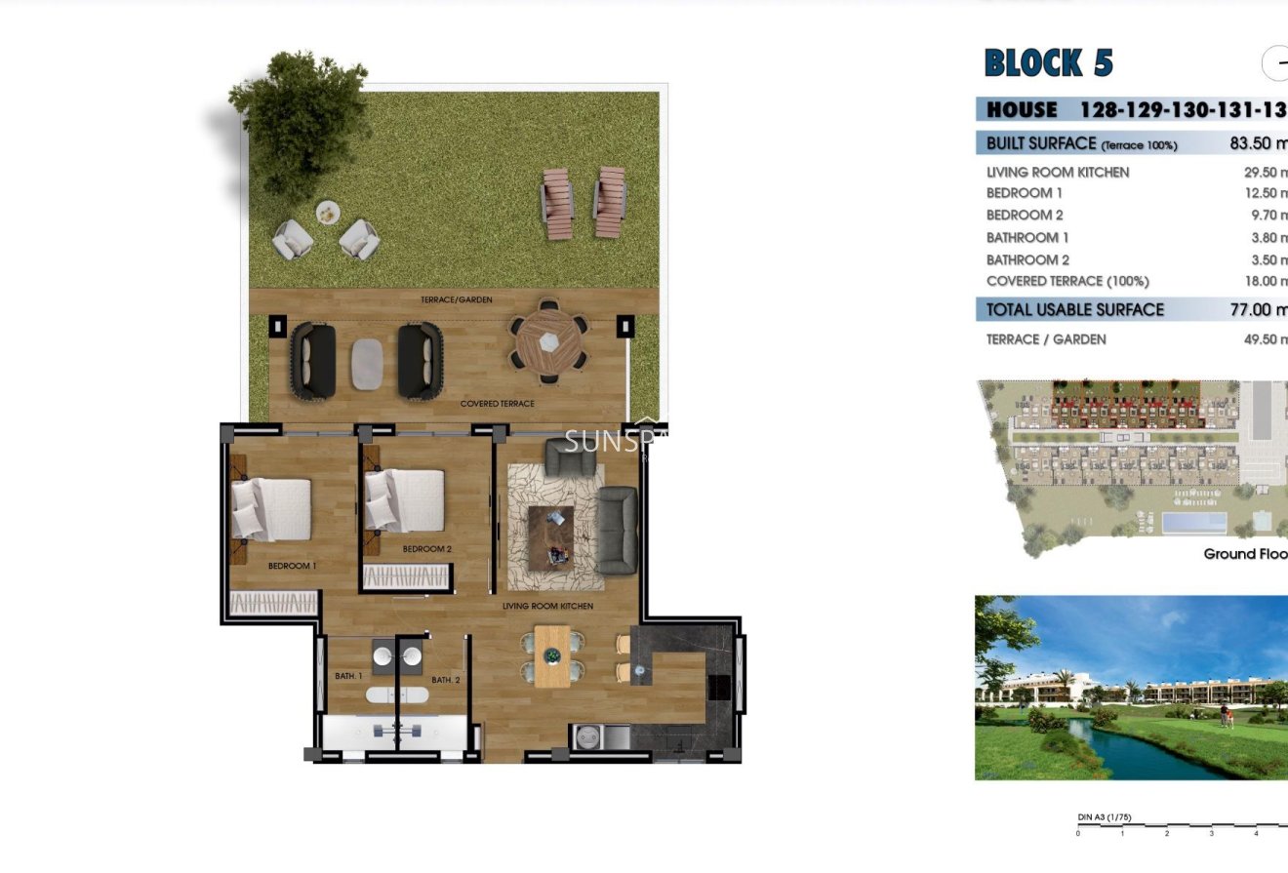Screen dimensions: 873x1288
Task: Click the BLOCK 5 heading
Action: pos(1048,63)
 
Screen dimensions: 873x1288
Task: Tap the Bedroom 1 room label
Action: pos(293,566)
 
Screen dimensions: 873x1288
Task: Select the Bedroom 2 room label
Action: pos(427,549)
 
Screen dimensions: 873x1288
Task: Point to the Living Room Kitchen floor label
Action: pos(547,606)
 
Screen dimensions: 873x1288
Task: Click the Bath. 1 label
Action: pos(348,676)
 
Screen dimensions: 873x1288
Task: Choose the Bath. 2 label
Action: pos(445,680)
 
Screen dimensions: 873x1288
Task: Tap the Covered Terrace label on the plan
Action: pos(497,403)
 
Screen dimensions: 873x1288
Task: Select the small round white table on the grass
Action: pos(328,211)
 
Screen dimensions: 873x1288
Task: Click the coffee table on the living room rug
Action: pos(550,537)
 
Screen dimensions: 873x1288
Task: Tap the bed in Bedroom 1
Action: pos(272,509)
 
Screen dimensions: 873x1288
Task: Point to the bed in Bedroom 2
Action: pos(406,501)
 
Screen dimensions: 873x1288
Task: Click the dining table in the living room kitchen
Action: pos(551,657)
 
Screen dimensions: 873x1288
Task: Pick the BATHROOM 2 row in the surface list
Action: pos(1027,259)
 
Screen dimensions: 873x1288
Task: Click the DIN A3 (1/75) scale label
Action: pos(1105,817)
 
